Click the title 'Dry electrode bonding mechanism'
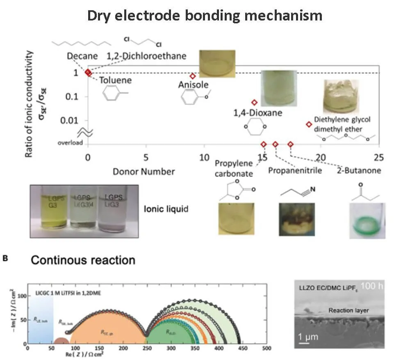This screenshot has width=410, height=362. pyautogui.click(x=205, y=15)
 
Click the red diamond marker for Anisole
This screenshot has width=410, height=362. pyautogui.click(x=192, y=76)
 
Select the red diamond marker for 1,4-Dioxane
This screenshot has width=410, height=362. pyautogui.click(x=254, y=103)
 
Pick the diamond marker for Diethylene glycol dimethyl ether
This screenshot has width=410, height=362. pyautogui.click(x=309, y=124)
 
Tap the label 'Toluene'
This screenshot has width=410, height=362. pyautogui.click(x=115, y=80)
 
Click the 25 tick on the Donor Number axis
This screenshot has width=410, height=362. pyautogui.click(x=379, y=157)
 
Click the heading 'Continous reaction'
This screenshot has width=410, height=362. pyautogui.click(x=83, y=260)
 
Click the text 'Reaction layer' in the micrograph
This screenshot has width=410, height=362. pyautogui.click(x=348, y=310)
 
